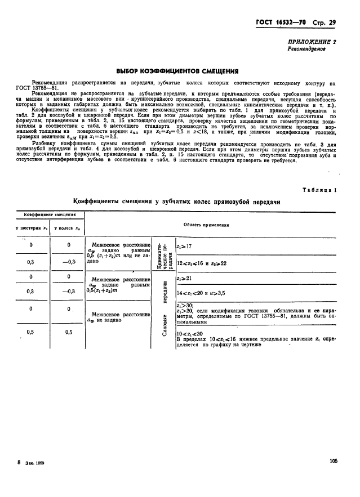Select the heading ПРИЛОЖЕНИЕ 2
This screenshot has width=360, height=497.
[314, 42]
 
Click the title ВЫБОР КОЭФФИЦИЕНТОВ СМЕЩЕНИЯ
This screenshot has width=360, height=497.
[177, 71]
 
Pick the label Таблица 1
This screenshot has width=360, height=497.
[320, 190]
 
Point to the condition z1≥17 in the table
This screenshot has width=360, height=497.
[184, 247]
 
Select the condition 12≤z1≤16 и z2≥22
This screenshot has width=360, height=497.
[201, 263]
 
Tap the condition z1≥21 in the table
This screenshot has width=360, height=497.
[184, 278]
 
